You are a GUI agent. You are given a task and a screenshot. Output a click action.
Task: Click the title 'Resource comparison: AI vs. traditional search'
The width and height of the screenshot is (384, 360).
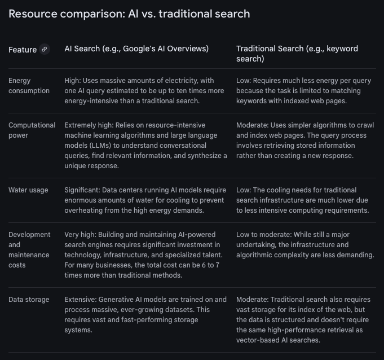click(x=129, y=13)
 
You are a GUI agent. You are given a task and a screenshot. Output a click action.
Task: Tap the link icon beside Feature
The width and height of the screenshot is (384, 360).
click(x=45, y=49)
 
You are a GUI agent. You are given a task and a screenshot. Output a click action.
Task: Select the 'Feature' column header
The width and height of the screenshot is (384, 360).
click(x=23, y=50)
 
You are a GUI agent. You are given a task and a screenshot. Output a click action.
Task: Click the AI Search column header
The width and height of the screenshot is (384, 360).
click(x=136, y=49)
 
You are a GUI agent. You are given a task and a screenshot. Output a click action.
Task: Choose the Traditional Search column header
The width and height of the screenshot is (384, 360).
click(x=297, y=54)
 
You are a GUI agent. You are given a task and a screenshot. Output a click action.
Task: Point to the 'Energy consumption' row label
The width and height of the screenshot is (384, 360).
click(x=29, y=86)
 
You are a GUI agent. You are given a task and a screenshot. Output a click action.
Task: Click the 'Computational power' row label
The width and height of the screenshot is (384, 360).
click(x=32, y=130)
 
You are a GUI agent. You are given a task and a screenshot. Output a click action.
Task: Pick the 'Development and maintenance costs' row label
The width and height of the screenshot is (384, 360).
click(x=29, y=249)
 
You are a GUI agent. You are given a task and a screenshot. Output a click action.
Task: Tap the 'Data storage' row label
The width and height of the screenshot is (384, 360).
click(x=29, y=300)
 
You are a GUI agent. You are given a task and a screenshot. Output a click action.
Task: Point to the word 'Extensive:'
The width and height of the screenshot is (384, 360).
click(x=83, y=300)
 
